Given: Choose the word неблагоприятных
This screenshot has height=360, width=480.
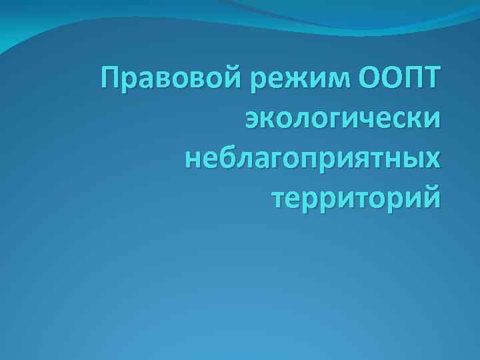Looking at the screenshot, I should (313, 159).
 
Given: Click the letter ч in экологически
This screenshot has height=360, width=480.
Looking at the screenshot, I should (381, 122).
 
